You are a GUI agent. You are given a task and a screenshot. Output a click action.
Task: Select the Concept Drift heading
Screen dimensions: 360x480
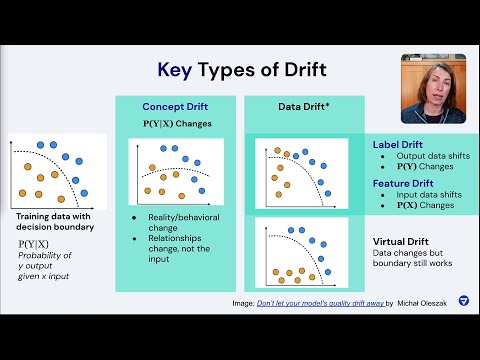click(174, 106)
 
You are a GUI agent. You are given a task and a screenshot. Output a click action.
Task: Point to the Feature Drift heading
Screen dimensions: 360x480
click(403, 184)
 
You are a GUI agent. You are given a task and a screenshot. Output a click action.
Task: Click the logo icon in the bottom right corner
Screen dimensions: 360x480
click(462, 328)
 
